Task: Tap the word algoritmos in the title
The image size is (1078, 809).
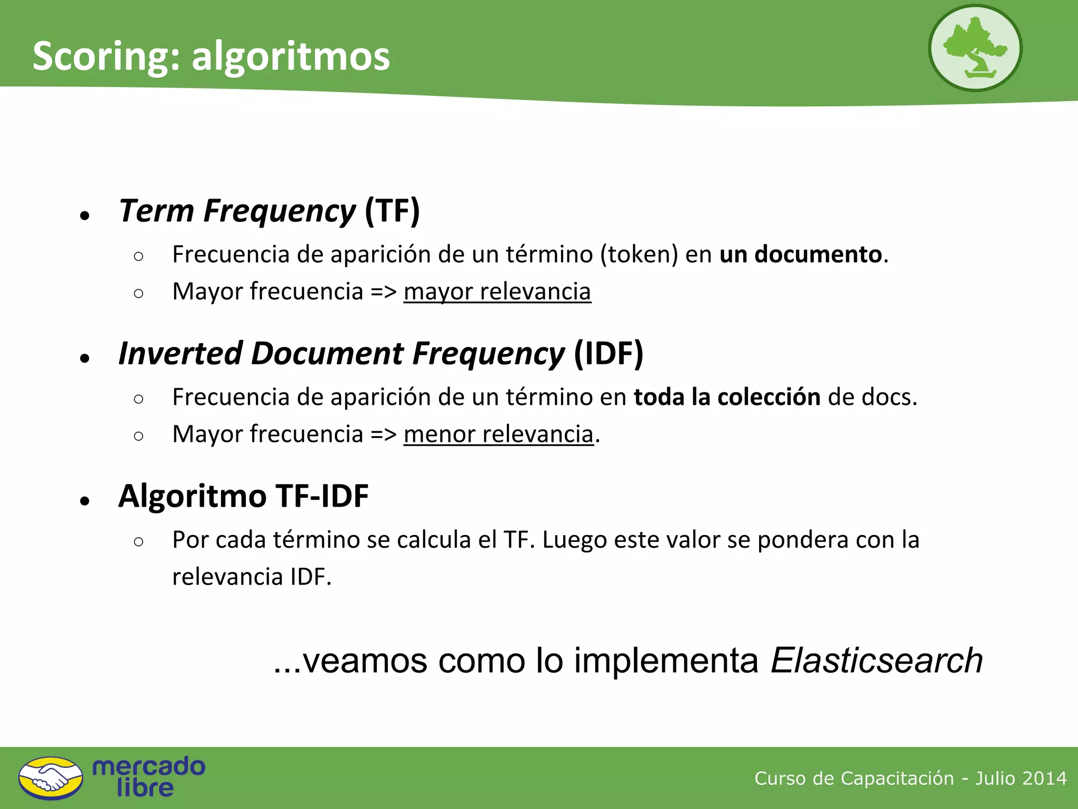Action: point(291,57)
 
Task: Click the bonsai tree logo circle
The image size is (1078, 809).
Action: point(975,48)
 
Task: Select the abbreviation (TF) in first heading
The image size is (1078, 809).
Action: point(392,211)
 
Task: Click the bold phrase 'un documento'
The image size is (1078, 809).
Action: point(800,254)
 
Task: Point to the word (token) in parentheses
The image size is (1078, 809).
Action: point(639,254)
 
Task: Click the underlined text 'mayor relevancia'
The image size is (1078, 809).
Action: point(497,292)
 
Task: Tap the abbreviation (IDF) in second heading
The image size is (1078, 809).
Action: point(608,353)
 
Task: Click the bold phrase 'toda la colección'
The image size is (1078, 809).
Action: point(726,397)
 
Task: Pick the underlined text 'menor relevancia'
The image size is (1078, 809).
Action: point(498,435)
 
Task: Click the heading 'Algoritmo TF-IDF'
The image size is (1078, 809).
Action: point(243,496)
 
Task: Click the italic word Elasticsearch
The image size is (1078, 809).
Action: point(876,660)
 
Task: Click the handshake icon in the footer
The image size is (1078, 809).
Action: point(51,778)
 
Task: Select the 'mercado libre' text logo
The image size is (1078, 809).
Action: point(148,777)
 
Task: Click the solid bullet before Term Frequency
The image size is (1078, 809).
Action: point(85,215)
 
